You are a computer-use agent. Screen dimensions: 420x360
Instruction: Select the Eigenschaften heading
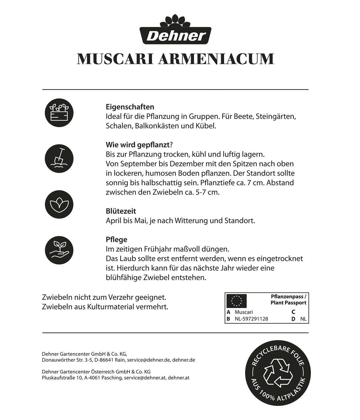point(130,107)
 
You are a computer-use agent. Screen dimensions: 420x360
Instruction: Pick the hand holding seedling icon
point(59,249)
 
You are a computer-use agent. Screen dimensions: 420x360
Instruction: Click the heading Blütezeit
point(121,211)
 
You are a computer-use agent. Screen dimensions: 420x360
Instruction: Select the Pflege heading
point(116,239)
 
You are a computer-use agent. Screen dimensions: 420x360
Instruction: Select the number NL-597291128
point(251,319)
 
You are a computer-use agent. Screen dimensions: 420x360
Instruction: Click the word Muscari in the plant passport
point(244,312)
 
